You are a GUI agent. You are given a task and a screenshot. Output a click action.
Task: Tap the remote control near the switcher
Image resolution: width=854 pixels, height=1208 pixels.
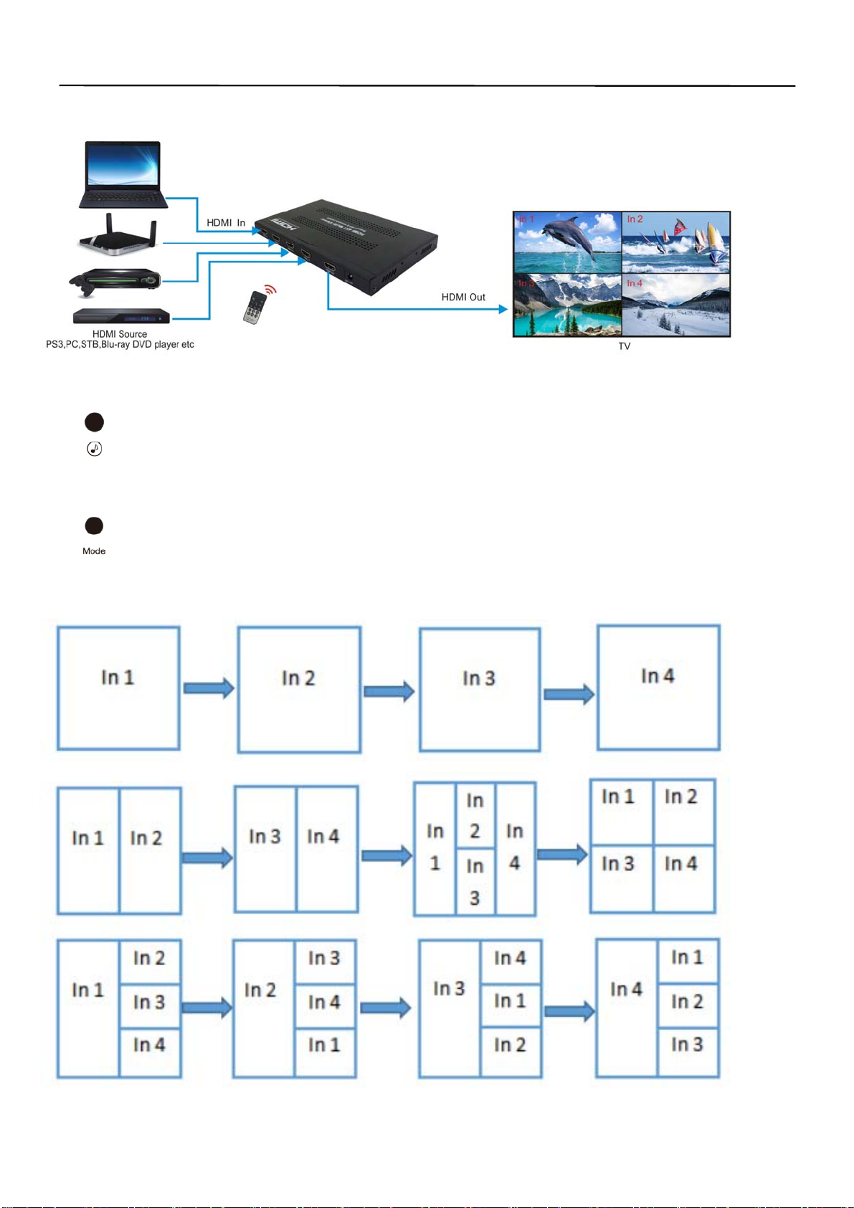pyautogui.click(x=255, y=308)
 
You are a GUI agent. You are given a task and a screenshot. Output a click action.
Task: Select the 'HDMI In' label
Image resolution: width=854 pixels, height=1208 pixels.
pyautogui.click(x=226, y=223)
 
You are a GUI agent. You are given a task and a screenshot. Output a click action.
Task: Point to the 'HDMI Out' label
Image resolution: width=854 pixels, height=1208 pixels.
pyautogui.click(x=463, y=297)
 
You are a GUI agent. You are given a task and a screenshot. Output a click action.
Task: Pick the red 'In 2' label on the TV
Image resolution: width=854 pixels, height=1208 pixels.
pyautogui.click(x=635, y=219)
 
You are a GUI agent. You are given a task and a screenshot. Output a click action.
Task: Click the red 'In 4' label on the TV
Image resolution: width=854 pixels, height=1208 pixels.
pyautogui.click(x=635, y=283)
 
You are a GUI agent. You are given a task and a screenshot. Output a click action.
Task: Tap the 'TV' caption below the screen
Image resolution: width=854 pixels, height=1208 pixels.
pyautogui.click(x=625, y=346)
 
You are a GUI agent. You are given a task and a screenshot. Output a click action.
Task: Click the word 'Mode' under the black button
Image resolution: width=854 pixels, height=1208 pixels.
pyautogui.click(x=94, y=551)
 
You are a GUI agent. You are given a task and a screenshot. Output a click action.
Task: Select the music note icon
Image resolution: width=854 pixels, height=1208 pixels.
pyautogui.click(x=94, y=450)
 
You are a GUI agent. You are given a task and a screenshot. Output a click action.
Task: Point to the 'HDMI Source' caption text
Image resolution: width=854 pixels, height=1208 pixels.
pyautogui.click(x=120, y=334)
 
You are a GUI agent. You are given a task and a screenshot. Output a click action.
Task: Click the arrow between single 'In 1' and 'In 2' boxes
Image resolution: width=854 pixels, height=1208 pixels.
pyautogui.click(x=209, y=688)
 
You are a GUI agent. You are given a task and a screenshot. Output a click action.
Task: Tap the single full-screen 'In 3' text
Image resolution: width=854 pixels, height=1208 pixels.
pyautogui.click(x=479, y=678)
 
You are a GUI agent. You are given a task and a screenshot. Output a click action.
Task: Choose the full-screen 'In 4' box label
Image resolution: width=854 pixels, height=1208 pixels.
pyautogui.click(x=658, y=676)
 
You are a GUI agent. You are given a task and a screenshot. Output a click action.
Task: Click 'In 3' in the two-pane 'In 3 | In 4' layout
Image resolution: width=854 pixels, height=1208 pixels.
pyautogui.click(x=265, y=837)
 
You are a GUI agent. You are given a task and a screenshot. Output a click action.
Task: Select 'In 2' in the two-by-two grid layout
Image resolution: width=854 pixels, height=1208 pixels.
pyautogui.click(x=680, y=797)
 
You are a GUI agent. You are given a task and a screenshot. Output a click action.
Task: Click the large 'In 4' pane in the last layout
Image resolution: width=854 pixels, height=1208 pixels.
pyautogui.click(x=626, y=990)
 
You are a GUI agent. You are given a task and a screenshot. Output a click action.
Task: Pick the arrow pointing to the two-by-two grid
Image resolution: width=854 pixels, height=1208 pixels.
pyautogui.click(x=562, y=855)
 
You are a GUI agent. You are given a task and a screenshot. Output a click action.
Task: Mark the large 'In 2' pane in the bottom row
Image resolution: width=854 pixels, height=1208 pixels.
pyautogui.click(x=260, y=991)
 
